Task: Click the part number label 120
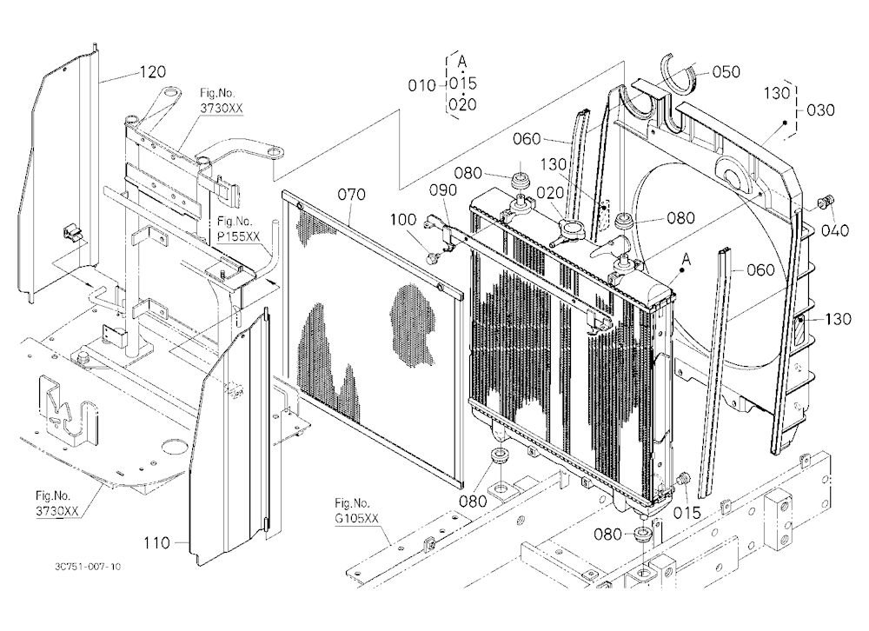152,72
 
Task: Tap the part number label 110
156,543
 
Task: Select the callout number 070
352,195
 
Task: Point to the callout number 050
726,71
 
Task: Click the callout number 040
835,229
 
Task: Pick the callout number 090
443,190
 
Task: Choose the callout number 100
403,220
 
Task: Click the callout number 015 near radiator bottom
687,513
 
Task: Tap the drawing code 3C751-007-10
88,566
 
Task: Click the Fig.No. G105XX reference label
356,511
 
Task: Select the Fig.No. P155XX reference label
238,229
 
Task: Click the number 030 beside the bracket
821,110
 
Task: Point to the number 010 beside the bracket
421,85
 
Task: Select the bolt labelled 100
432,256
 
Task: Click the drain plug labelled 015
683,479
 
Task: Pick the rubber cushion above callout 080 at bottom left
501,453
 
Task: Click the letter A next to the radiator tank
687,259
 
